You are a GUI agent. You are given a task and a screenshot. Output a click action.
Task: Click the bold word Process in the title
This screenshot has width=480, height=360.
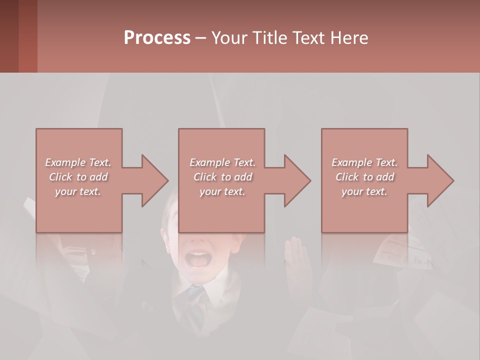(157, 38)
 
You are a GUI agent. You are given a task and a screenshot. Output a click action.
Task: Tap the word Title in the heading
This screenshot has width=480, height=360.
(269, 38)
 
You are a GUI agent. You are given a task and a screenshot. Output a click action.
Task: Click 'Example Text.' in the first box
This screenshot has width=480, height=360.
(78, 162)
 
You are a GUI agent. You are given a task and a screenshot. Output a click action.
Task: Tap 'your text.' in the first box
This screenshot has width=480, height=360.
(78, 191)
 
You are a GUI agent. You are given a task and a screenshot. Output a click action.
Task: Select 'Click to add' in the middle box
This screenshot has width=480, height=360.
(222, 177)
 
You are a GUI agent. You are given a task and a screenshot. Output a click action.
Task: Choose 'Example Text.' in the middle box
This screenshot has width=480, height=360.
(222, 162)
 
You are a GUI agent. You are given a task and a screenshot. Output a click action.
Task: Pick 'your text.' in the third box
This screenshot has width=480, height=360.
(364, 191)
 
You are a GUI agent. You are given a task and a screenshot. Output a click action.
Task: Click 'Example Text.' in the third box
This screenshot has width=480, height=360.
(364, 162)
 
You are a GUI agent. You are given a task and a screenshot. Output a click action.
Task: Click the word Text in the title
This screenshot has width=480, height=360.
(309, 38)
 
